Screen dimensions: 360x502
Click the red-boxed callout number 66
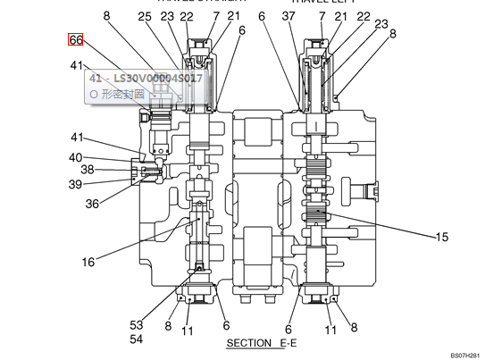pyautogui.click(x=76, y=40)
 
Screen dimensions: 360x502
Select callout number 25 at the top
pyautogui.click(x=145, y=16)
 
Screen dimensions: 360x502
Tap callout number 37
pyautogui.click(x=287, y=16)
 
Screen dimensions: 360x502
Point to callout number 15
pyautogui.click(x=441, y=237)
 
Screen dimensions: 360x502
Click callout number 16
pyautogui.click(x=88, y=262)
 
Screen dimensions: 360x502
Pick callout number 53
pyautogui.click(x=137, y=325)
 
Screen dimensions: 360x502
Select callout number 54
pyautogui.click(x=137, y=339)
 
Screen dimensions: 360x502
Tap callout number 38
pyautogui.click(x=88, y=170)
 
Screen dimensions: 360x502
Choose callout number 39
pyautogui.click(x=76, y=184)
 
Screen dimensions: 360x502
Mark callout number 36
pyautogui.click(x=92, y=204)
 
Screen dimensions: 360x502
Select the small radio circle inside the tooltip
pyautogui.click(x=94, y=92)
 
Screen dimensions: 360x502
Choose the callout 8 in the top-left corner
pyautogui.click(x=105, y=16)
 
